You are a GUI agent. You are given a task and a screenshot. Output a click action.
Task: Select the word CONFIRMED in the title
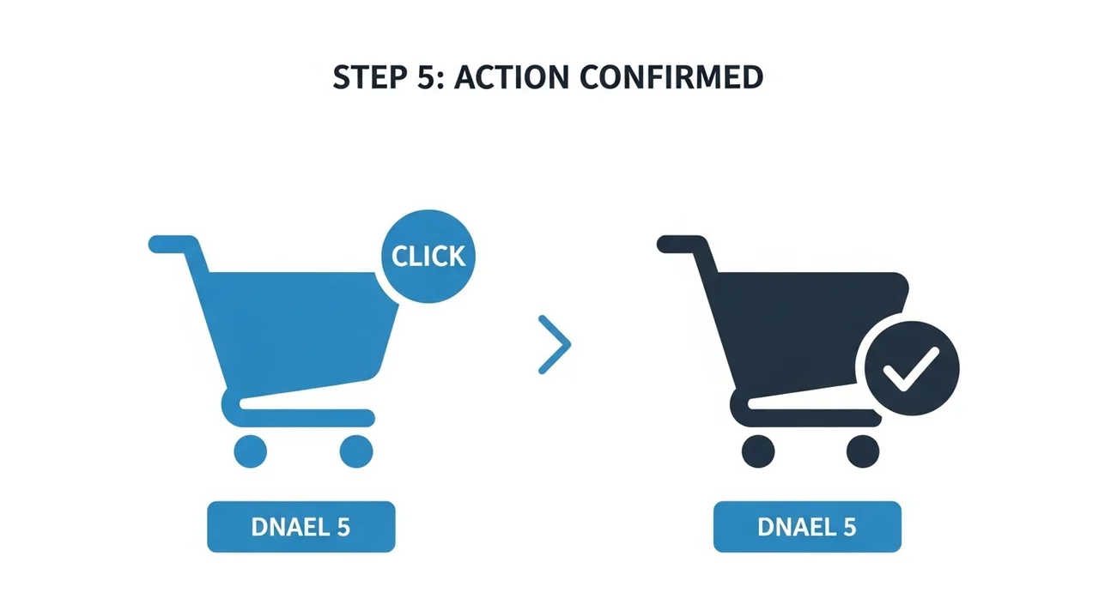pyautogui.click(x=671, y=77)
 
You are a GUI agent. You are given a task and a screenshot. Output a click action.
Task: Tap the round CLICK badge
pyautogui.click(x=428, y=257)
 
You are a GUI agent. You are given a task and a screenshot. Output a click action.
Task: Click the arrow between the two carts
pyautogui.click(x=555, y=345)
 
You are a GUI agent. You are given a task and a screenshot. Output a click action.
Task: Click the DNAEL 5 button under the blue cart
pyautogui.click(x=301, y=527)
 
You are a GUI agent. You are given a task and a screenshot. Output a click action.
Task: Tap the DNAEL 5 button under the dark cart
pyautogui.click(x=808, y=527)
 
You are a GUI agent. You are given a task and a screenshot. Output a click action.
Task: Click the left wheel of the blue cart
pyautogui.click(x=250, y=451)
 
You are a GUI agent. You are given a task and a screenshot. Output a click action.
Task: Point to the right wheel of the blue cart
pyautogui.click(x=356, y=451)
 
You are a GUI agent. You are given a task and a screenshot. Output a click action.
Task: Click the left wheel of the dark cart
pyautogui.click(x=758, y=451)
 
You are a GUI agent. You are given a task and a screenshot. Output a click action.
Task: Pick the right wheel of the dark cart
pyautogui.click(x=863, y=451)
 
